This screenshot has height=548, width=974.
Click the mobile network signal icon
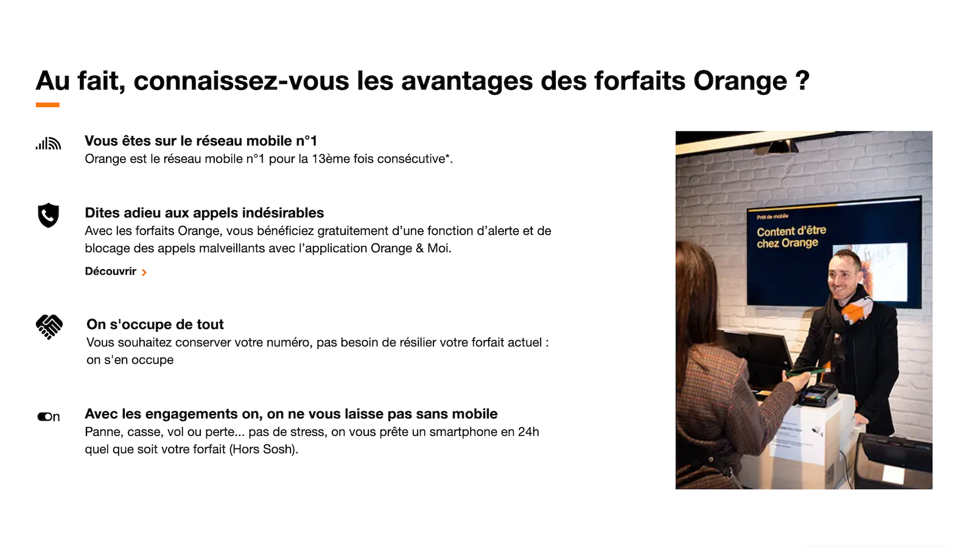click(48, 144)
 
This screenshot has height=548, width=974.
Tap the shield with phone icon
click(48, 215)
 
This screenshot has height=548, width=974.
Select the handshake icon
click(49, 326)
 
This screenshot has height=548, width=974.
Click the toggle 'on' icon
click(49, 416)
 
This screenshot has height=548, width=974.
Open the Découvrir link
click(111, 272)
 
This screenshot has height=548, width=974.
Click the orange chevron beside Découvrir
click(144, 272)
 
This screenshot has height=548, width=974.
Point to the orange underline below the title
click(47, 105)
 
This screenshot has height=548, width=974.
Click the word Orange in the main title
click(740, 81)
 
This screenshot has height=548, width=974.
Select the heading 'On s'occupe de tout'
click(155, 325)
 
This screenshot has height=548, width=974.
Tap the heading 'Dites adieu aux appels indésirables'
click(205, 213)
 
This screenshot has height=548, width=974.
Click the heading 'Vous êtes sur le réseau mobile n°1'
click(201, 141)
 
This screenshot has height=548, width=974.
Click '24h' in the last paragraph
click(528, 432)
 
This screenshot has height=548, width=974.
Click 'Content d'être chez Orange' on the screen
click(790, 237)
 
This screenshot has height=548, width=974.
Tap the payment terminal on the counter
click(818, 395)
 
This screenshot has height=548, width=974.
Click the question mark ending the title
click(802, 81)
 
